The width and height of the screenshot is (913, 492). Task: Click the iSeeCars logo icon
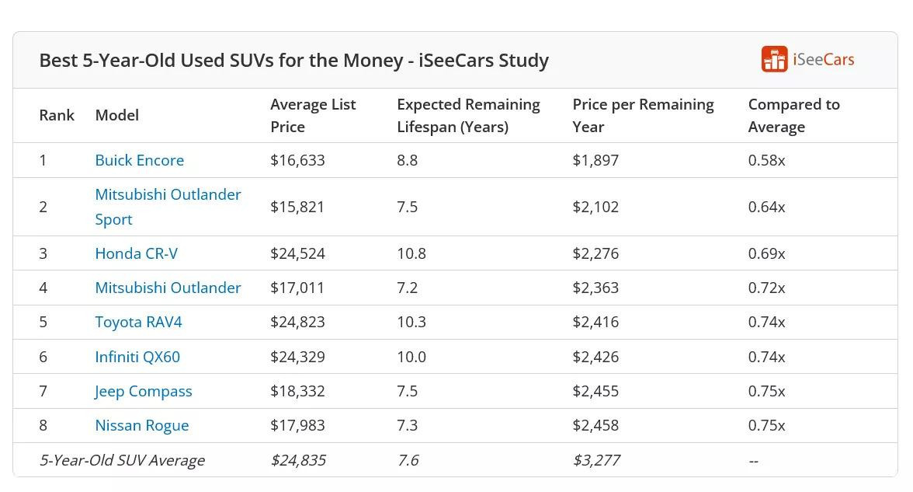(x=774, y=59)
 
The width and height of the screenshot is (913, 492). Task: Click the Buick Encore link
(x=140, y=160)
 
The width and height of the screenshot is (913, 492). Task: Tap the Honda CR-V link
(x=136, y=253)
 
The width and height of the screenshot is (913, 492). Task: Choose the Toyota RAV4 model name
(x=138, y=322)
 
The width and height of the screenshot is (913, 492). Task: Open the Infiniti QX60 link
(x=137, y=357)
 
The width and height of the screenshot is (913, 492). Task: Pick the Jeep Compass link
(x=144, y=391)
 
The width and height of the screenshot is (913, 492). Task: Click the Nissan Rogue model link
(x=142, y=425)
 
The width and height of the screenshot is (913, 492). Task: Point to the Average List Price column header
(x=313, y=115)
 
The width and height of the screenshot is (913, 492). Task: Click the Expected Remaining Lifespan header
(x=468, y=115)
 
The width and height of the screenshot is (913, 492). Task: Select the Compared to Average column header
(x=793, y=115)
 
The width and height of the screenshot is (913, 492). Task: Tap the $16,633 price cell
(x=297, y=160)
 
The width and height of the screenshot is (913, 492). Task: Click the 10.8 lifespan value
(x=411, y=253)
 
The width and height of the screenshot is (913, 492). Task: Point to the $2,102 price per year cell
(x=595, y=207)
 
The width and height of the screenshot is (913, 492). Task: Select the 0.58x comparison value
(x=766, y=160)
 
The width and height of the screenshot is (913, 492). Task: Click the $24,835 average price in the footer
(x=298, y=460)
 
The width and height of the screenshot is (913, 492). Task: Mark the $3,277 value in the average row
(x=596, y=460)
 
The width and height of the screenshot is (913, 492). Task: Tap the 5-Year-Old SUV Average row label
(x=122, y=460)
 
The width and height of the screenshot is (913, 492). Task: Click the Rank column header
(x=57, y=115)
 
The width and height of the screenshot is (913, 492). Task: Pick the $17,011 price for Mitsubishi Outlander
(x=297, y=288)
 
